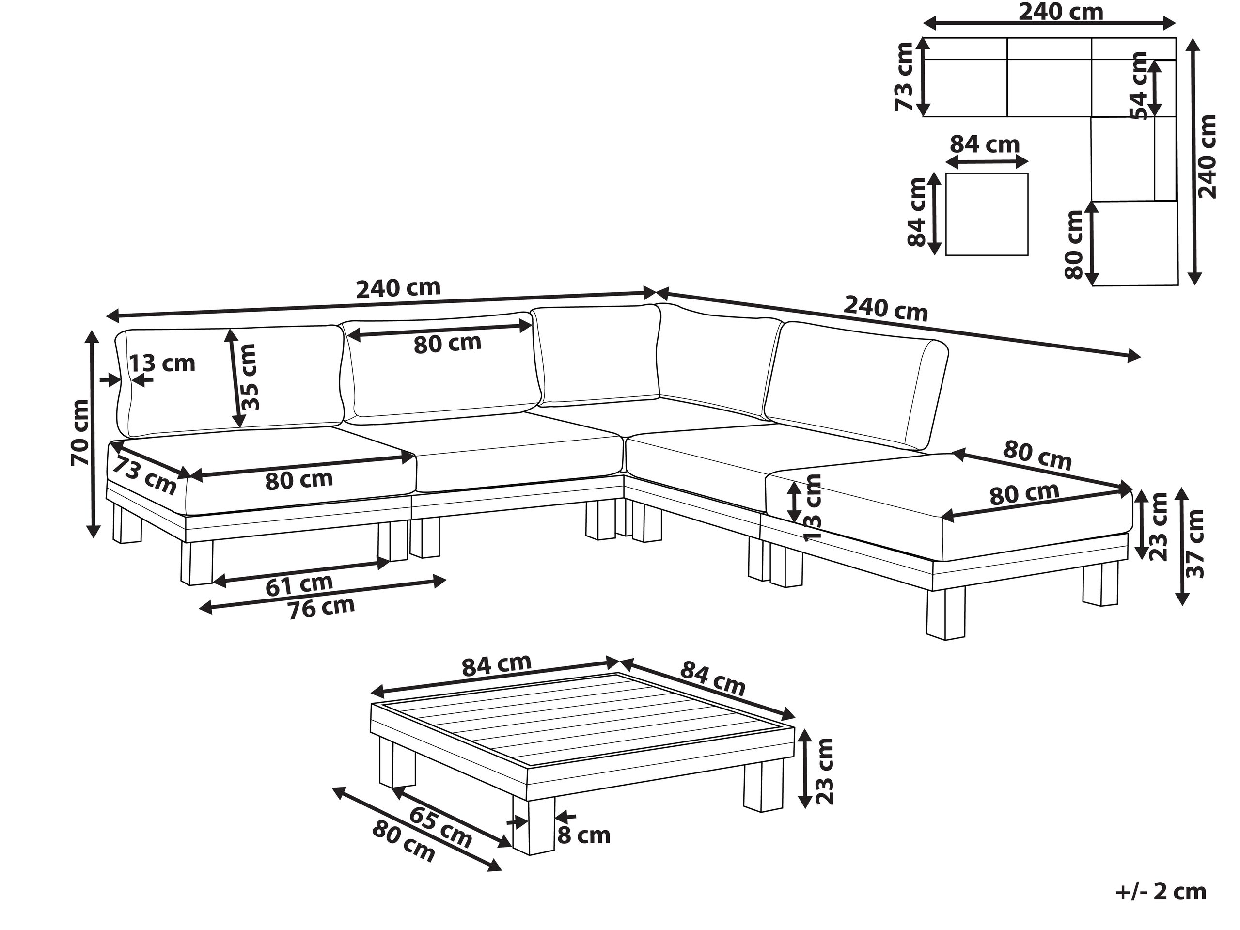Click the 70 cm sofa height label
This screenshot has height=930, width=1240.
79,432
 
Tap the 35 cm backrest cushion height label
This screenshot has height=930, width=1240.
248,376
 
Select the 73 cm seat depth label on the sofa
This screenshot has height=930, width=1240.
144,476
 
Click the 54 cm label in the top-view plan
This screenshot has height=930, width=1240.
1139,85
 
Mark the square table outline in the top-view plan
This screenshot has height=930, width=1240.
987,214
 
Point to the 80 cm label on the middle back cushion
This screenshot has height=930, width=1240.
447,343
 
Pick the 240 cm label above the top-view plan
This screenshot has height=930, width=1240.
1060,12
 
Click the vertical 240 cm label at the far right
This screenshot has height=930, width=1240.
1207,157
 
